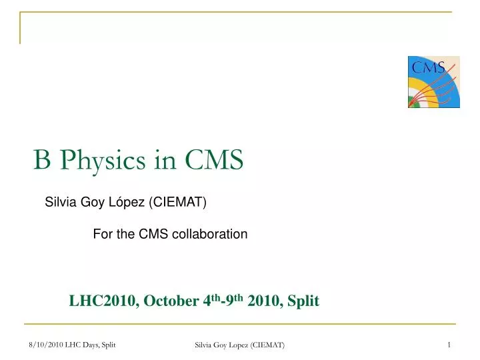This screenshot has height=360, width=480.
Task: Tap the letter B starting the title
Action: tap(42, 161)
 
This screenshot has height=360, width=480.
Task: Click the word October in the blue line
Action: tap(170, 301)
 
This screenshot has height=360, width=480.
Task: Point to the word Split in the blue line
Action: tap(303, 301)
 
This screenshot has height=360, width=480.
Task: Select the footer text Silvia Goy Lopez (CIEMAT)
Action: tap(239, 344)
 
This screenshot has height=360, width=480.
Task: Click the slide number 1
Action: tap(450, 344)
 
